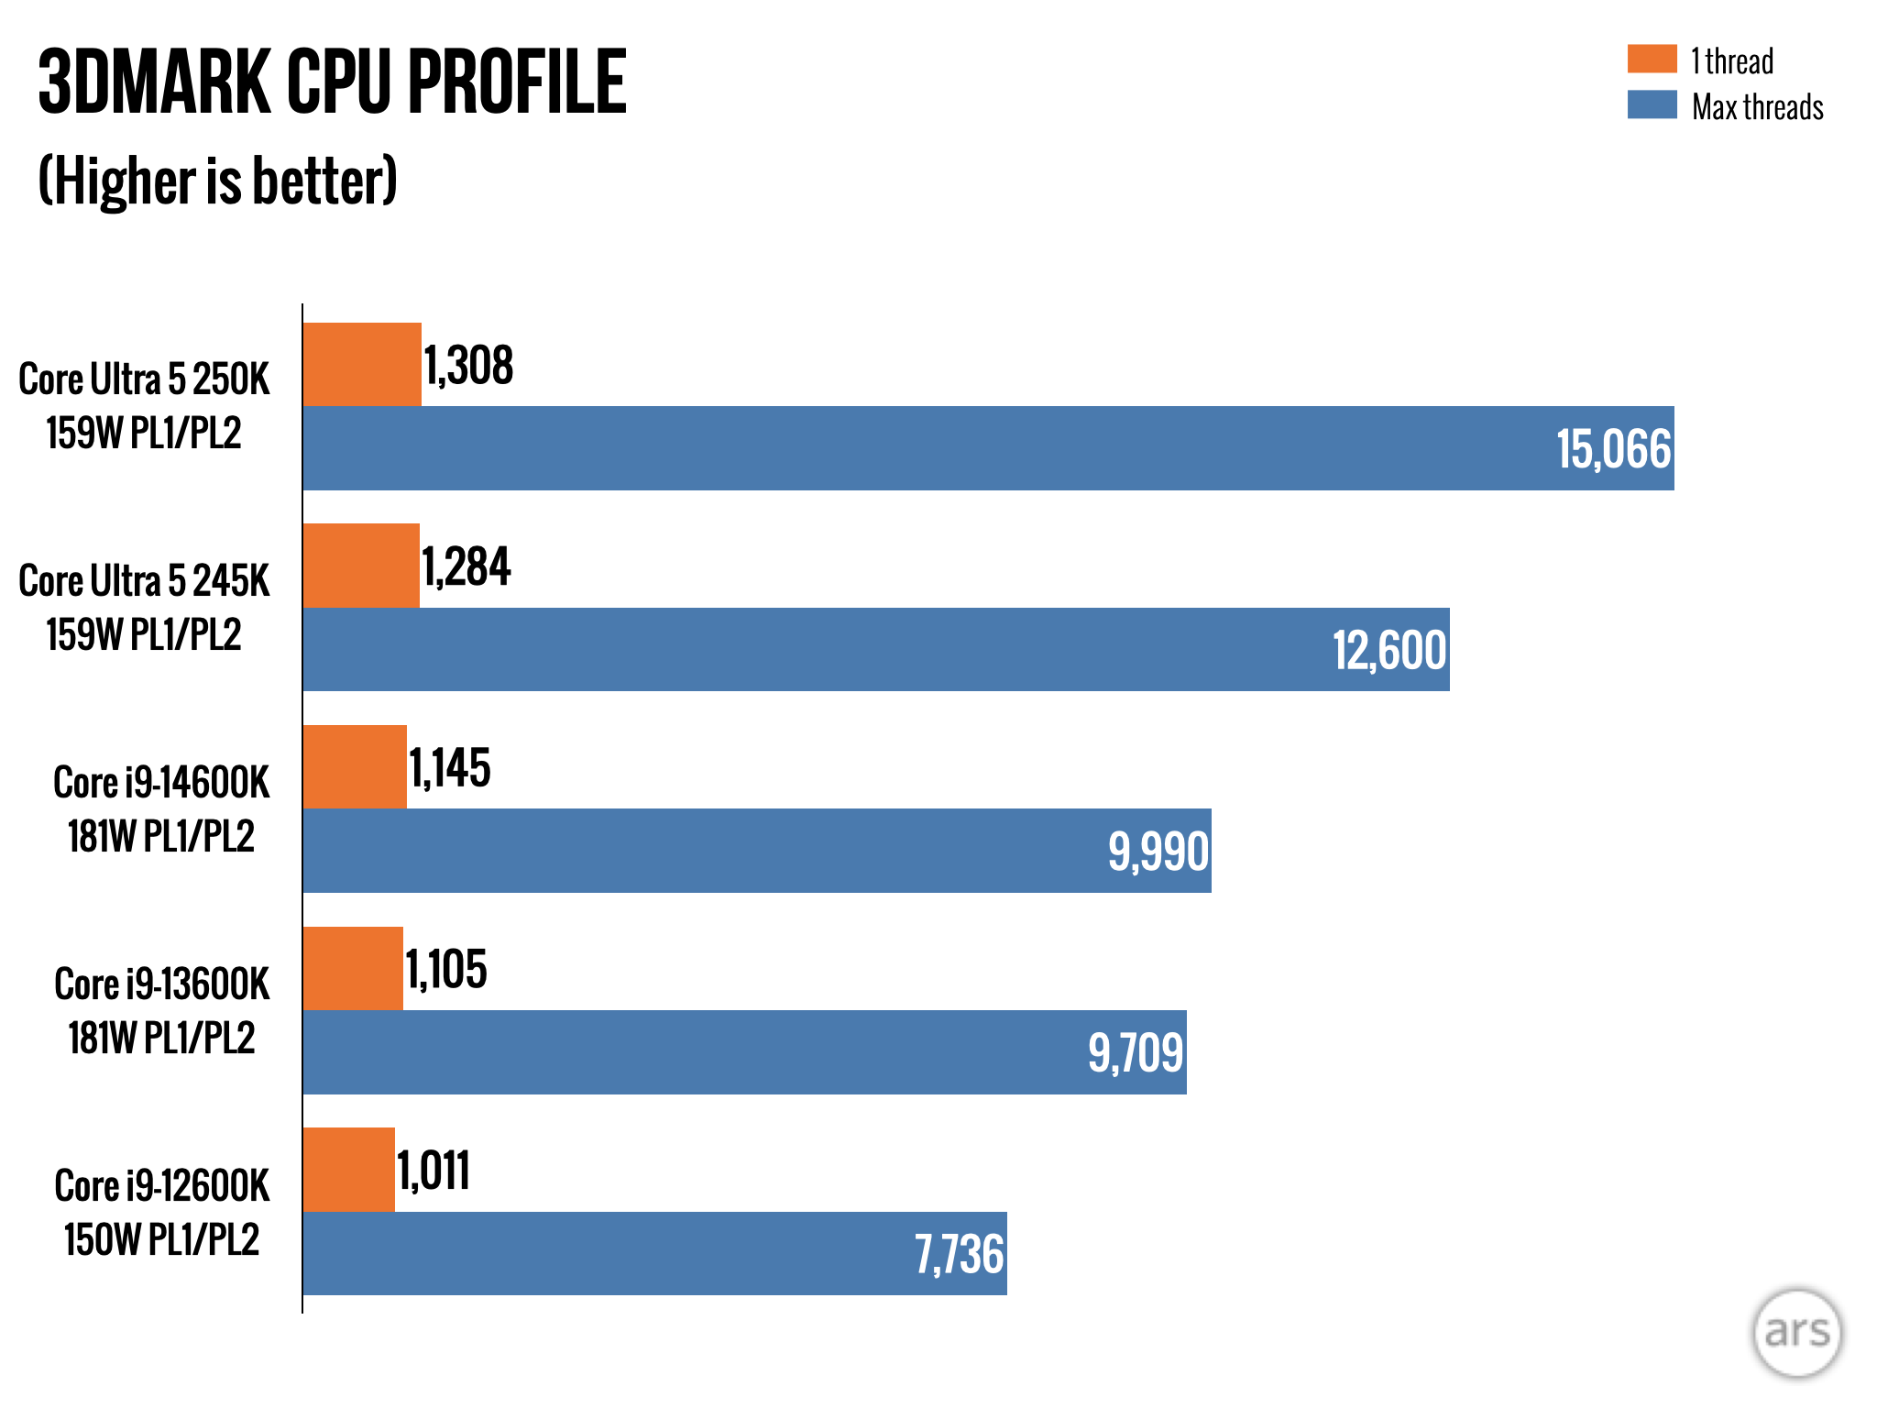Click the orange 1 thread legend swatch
pos(1652,59)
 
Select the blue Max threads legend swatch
pos(1652,104)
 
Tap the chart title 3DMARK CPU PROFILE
pos(332,82)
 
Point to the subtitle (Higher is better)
pos(218,181)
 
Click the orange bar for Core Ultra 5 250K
pos(362,364)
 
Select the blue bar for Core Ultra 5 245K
pos(875,649)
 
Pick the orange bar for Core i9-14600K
pos(355,766)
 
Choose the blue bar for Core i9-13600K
pos(744,1051)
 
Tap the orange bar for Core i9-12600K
pos(349,1169)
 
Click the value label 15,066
pos(1613,450)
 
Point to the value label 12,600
pos(1389,651)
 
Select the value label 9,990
pos(1158,852)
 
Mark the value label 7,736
pos(959,1254)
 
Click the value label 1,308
pos(468,366)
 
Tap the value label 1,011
pos(434,1171)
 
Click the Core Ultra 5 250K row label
pos(145,405)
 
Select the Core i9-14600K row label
pos(161,808)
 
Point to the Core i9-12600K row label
pos(161,1211)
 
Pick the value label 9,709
pos(1136,1052)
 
